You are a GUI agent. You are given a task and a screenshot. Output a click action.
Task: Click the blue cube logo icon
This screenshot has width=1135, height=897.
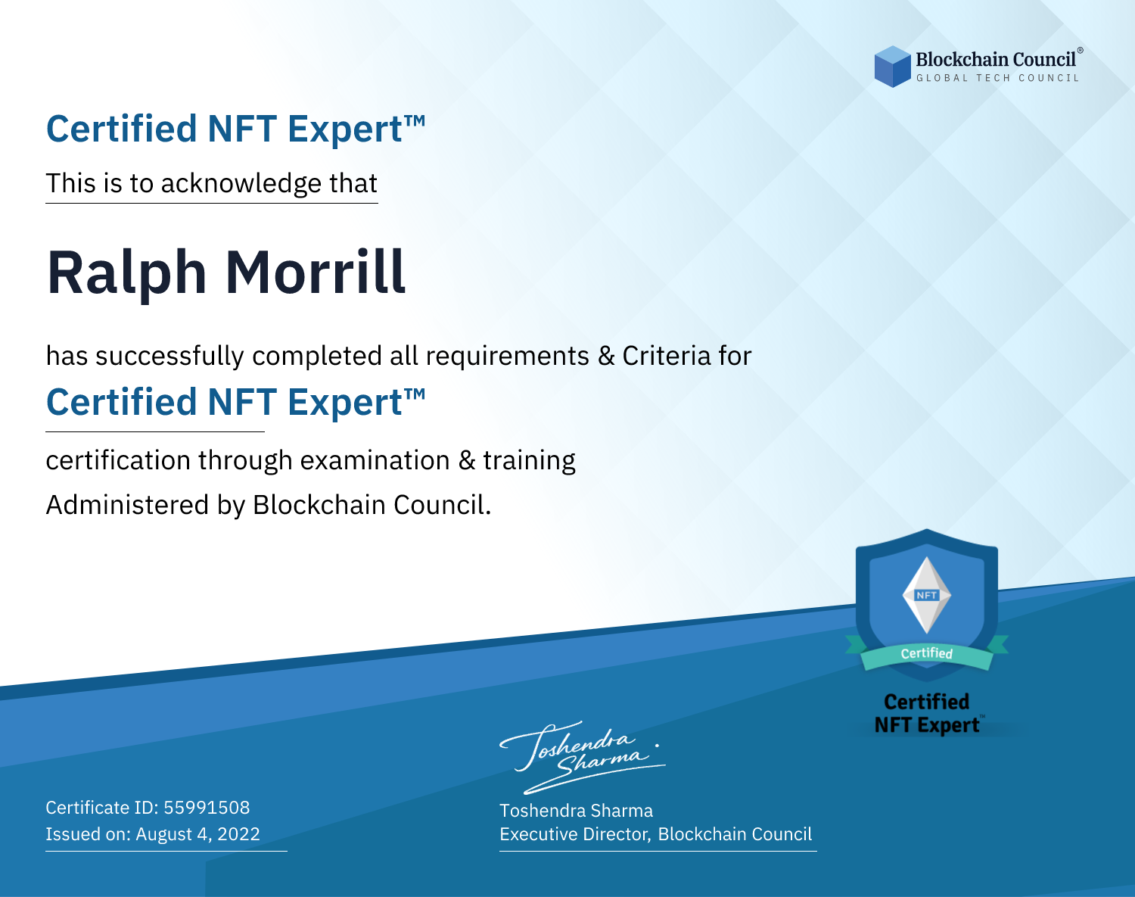click(892, 67)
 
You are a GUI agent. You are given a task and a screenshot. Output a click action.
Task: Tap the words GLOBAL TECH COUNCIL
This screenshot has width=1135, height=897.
click(998, 78)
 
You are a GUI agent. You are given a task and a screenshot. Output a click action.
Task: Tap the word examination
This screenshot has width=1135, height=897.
click(375, 460)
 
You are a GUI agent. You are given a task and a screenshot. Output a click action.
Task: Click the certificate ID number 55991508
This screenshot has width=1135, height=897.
click(207, 807)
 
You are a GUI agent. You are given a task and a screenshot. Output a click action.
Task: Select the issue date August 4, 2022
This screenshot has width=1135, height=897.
click(197, 834)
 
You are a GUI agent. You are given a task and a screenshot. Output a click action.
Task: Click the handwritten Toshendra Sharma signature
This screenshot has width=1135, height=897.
click(583, 758)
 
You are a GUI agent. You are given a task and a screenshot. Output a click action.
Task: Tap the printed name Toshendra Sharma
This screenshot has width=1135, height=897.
click(576, 811)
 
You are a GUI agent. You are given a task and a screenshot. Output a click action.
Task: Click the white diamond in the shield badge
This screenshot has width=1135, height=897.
click(927, 595)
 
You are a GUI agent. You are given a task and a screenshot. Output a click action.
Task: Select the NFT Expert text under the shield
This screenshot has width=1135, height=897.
click(927, 725)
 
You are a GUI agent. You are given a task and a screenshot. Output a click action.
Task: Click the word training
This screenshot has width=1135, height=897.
click(529, 460)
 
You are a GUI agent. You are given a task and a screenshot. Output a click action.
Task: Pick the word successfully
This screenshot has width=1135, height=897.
click(169, 356)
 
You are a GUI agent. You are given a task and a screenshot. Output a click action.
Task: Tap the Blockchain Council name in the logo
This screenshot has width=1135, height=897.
click(996, 59)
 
